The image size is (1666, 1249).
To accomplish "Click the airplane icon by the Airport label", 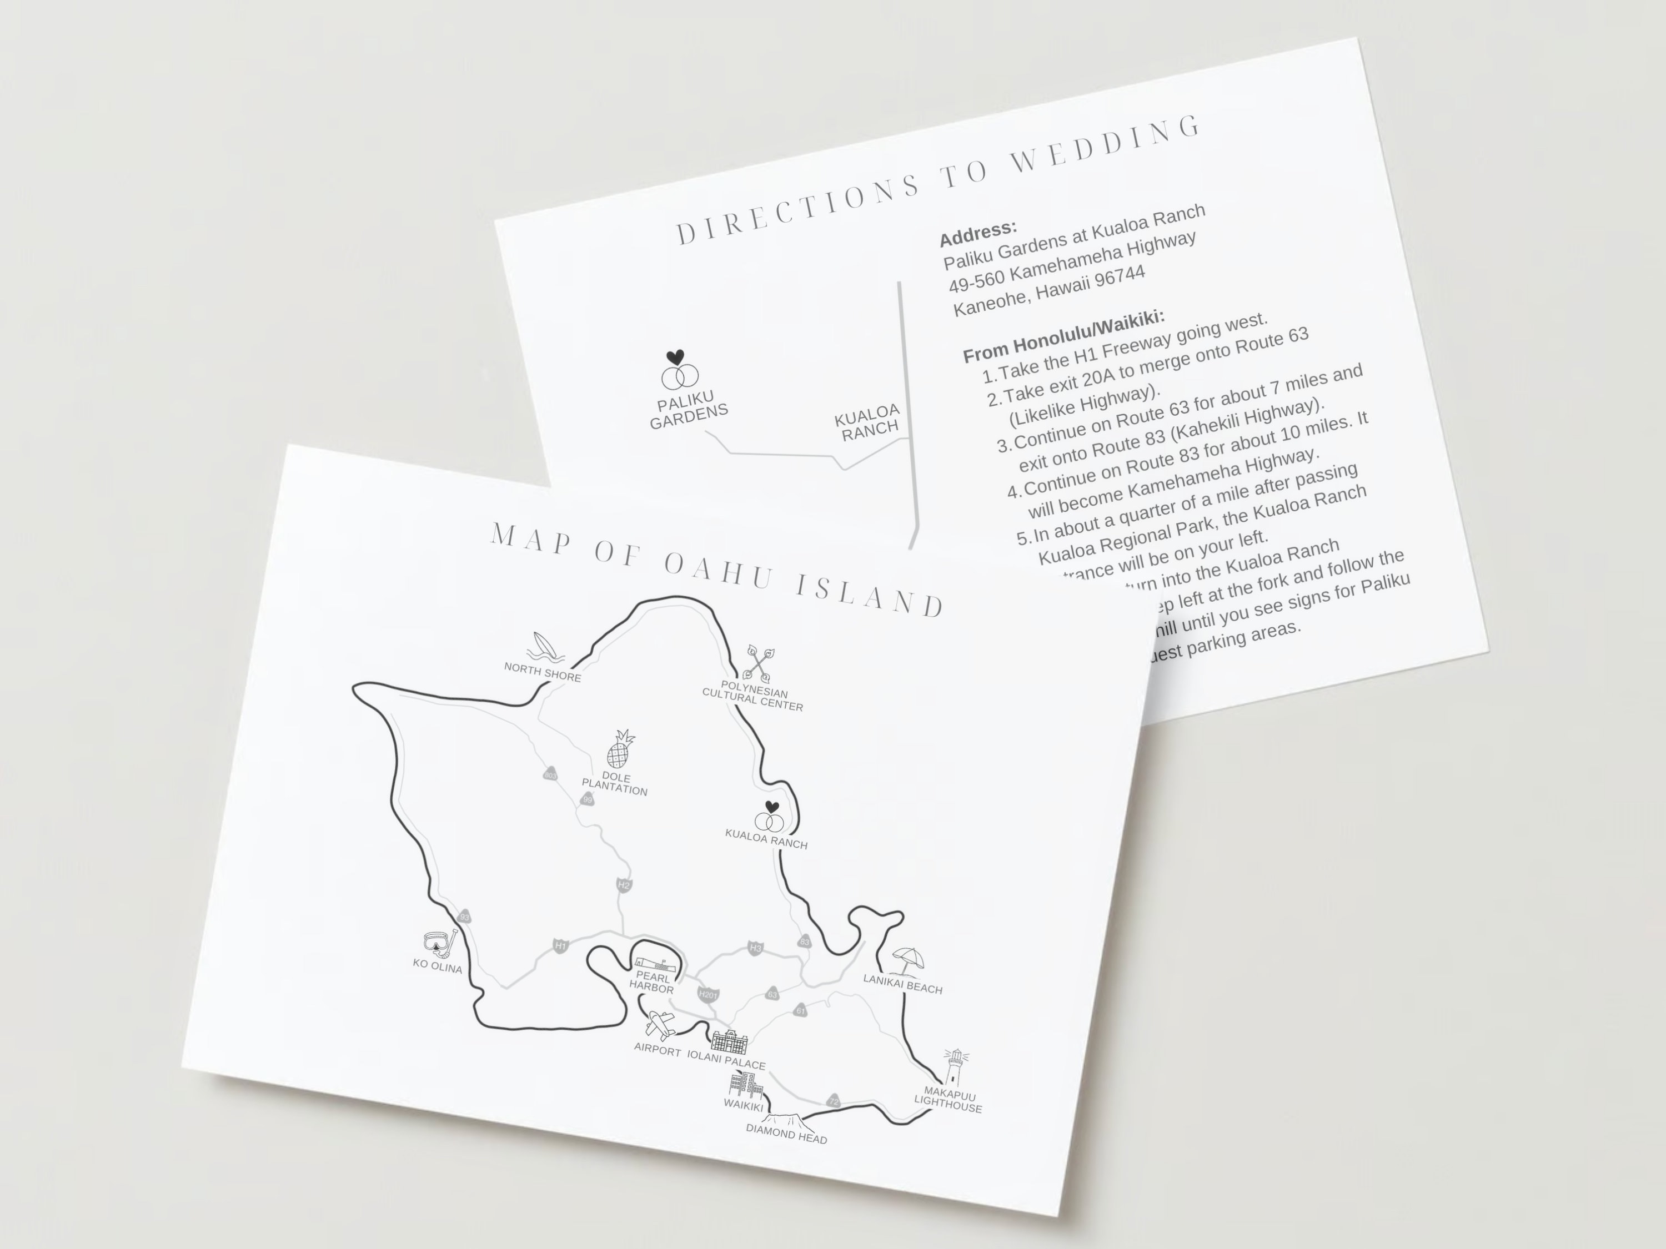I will click(660, 1025).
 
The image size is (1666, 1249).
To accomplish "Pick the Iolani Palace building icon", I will click(730, 1042).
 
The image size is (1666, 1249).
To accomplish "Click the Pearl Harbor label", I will click(651, 983).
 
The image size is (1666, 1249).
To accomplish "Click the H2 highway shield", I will click(624, 885).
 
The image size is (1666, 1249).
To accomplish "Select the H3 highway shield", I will click(755, 948).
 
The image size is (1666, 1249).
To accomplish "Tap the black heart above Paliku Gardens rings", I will click(676, 357).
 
